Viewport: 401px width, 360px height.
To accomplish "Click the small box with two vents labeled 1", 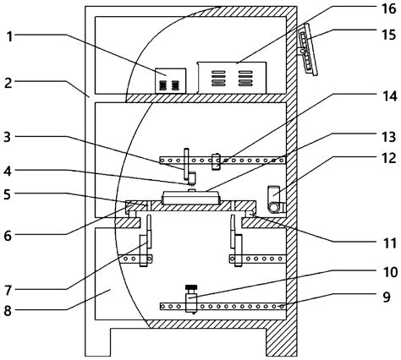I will (170, 81).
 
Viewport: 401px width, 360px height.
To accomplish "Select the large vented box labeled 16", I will (230, 77).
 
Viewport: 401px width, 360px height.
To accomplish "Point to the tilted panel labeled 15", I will (305, 50).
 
